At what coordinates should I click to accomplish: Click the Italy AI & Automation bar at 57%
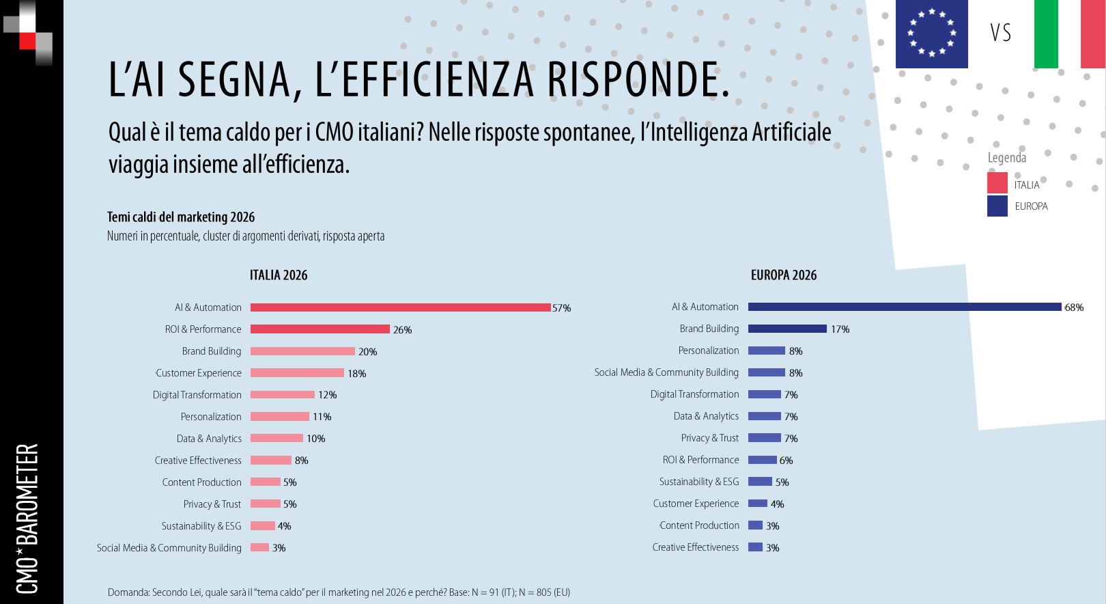(400, 307)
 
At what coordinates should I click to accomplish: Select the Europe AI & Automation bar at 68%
(905, 307)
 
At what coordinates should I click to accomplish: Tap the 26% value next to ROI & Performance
(402, 330)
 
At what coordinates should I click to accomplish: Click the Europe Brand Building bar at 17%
(787, 329)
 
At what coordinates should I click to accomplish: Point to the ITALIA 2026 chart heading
(279, 275)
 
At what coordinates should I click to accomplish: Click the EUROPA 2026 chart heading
(784, 275)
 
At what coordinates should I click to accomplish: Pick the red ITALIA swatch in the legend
(997, 183)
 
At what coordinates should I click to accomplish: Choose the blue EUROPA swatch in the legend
(997, 206)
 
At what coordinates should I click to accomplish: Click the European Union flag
(931, 33)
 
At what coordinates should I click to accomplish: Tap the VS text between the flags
(1001, 33)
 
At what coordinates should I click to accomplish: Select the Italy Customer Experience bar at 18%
(297, 373)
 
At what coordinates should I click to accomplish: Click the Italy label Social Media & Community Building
(169, 548)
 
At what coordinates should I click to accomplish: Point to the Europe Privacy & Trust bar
(764, 438)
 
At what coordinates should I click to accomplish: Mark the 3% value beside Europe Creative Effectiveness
(772, 548)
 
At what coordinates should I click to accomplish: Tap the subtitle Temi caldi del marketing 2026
(181, 217)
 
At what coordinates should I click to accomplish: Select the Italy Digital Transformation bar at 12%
(282, 395)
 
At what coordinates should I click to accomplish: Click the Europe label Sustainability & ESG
(698, 482)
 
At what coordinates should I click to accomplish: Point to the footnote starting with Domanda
(339, 592)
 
